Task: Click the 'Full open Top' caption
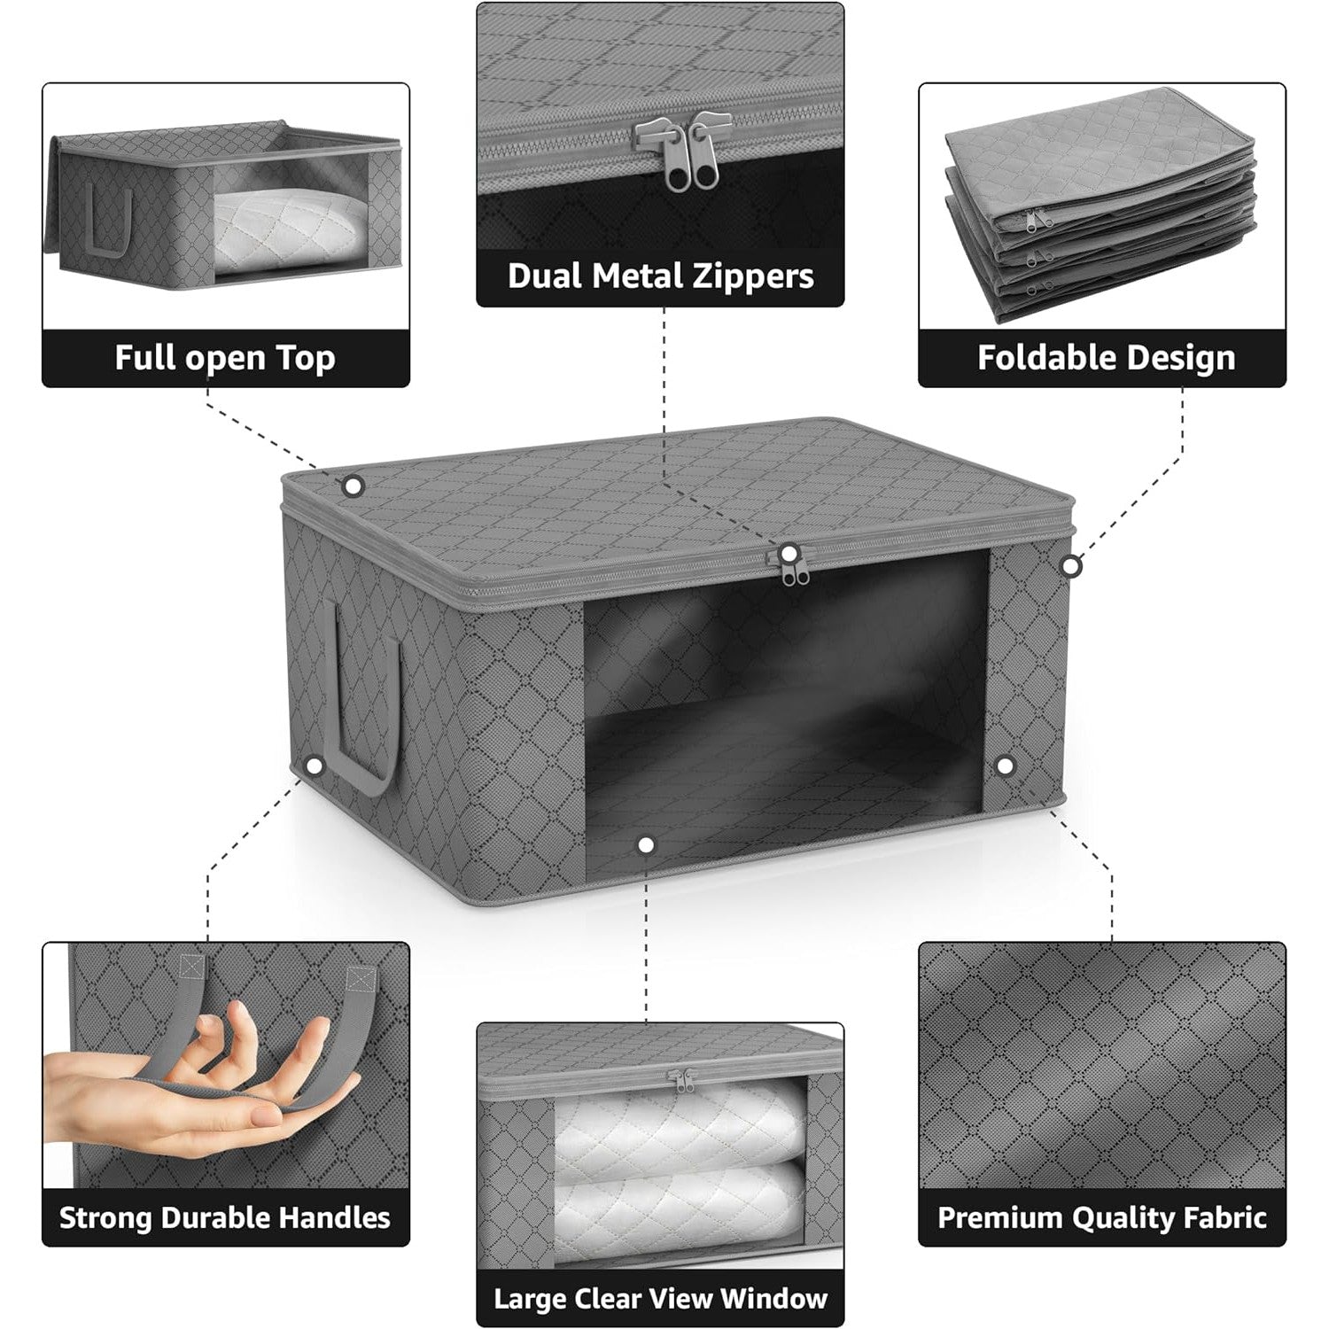pos(225,358)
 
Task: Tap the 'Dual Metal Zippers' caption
pos(661,276)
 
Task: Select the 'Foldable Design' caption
pos(1106,358)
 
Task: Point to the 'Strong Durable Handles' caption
pos(225,1217)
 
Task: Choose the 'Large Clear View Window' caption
pos(661,1299)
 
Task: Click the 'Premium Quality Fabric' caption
pos(1102,1217)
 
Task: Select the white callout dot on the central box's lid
pos(354,486)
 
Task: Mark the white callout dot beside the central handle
pos(313,766)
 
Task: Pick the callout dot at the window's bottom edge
pos(646,845)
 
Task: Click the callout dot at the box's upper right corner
pos(1071,565)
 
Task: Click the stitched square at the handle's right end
pos(361,978)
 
